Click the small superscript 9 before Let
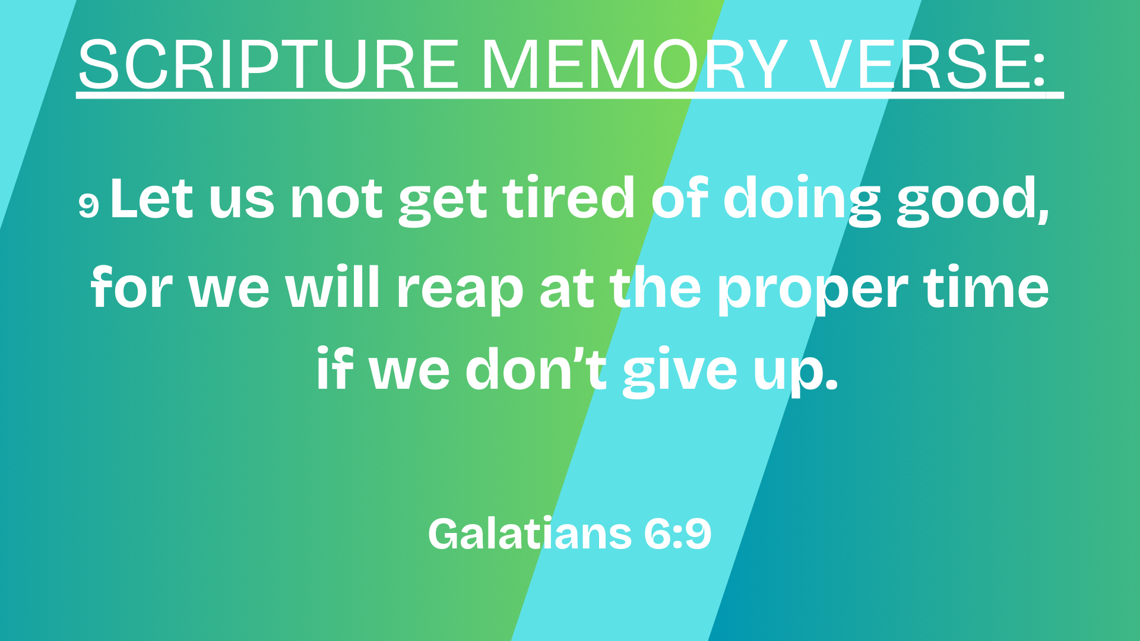88,205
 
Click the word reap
460,290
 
